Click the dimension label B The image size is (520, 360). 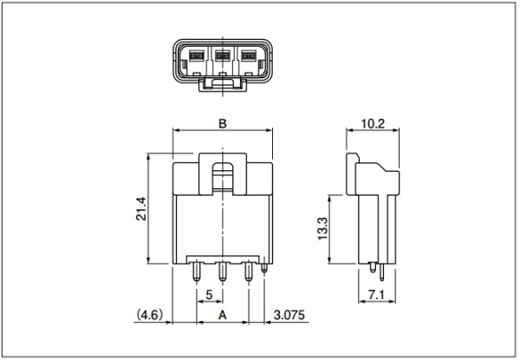(223, 124)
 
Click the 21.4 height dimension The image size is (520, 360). (141, 209)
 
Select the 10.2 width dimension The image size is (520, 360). (373, 124)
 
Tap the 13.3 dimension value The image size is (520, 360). (322, 229)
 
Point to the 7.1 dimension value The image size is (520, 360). (376, 295)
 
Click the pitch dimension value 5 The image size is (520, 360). (209, 295)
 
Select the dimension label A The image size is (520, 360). (223, 315)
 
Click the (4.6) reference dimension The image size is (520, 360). (150, 315)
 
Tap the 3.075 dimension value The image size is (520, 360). (289, 315)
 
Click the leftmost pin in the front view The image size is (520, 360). (197, 272)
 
